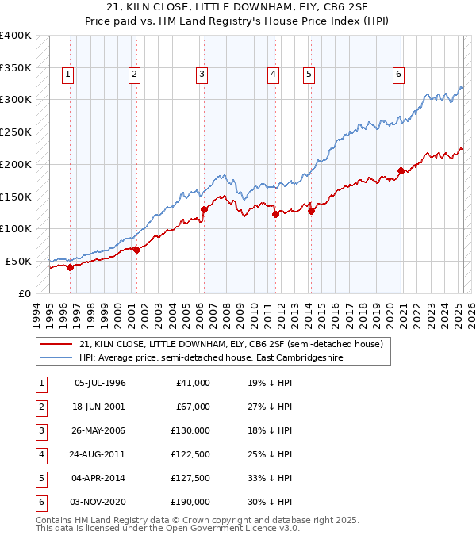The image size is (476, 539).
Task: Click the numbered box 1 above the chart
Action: point(67,75)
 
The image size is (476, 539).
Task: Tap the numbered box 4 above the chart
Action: point(273,75)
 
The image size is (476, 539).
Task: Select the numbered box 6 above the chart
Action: point(398,75)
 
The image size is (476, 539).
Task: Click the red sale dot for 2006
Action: point(204,209)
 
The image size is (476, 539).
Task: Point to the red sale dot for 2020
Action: point(401,170)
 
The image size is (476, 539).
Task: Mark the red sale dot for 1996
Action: point(70,267)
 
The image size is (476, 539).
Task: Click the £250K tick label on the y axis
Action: point(15,132)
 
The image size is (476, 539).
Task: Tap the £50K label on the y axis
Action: point(18,261)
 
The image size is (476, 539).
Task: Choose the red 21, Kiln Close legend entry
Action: point(231,344)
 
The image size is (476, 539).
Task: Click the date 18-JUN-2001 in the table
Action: point(100,407)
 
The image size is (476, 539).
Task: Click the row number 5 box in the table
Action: point(40,478)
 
